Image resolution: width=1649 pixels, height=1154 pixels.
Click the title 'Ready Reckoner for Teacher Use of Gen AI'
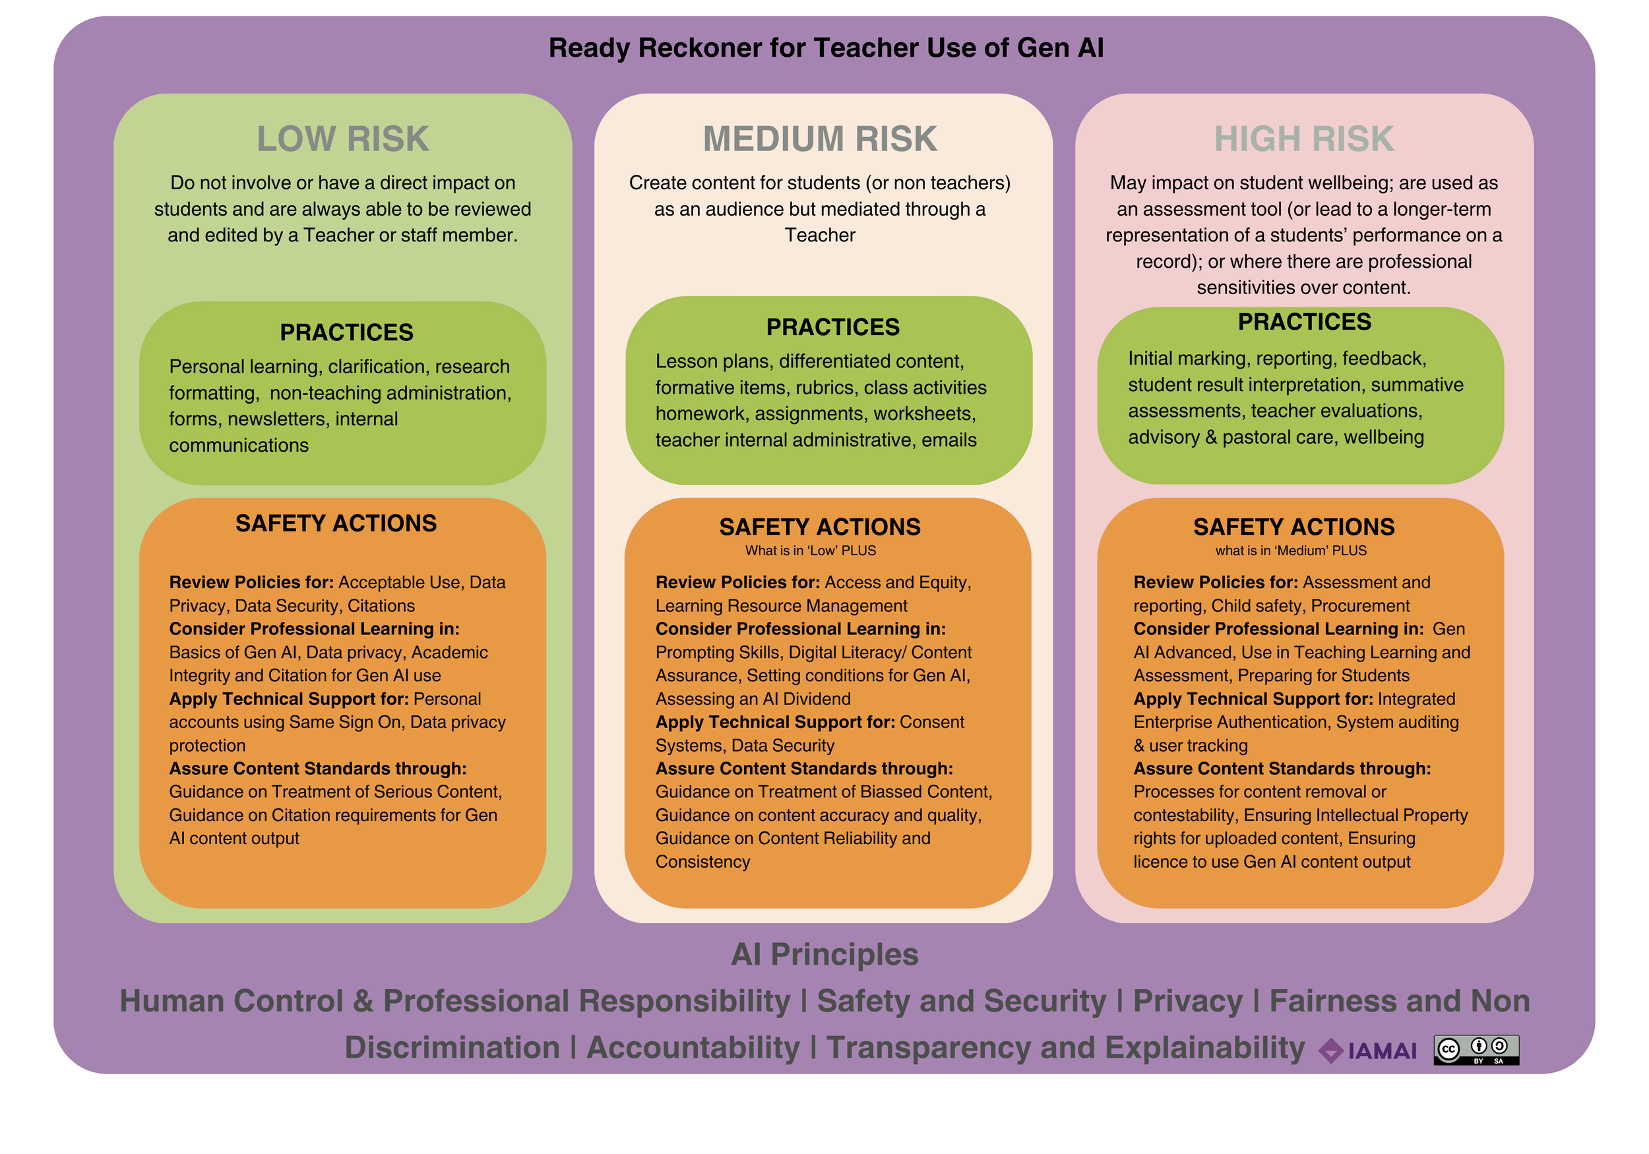(x=825, y=48)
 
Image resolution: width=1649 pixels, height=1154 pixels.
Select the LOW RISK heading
(x=342, y=139)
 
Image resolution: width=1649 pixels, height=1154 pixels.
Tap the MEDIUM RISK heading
(x=819, y=139)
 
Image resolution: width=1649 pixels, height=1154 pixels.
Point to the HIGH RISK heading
(x=1303, y=139)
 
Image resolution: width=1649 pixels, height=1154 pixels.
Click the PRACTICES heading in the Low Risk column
(x=346, y=332)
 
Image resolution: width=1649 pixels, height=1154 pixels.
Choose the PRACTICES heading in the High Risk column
(x=1303, y=322)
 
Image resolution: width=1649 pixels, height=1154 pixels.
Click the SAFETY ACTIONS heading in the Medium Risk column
(x=819, y=527)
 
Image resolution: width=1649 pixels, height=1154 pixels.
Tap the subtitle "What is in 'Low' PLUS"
(x=810, y=551)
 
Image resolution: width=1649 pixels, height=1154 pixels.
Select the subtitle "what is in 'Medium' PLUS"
(x=1291, y=551)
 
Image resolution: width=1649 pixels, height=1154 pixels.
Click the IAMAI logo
(x=1367, y=1051)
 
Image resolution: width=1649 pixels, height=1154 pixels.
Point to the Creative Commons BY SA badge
(x=1476, y=1050)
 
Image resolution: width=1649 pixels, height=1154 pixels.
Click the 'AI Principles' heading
(x=824, y=954)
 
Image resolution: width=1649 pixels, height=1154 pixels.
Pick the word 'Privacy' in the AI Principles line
(x=1187, y=1001)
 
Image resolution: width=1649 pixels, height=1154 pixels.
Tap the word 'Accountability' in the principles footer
(x=693, y=1048)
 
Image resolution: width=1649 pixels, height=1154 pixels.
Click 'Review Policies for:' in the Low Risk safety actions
(x=251, y=582)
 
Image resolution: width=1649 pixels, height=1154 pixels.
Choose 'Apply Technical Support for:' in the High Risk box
(x=1253, y=699)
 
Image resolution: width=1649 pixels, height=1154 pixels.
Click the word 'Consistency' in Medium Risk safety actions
(x=702, y=862)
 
